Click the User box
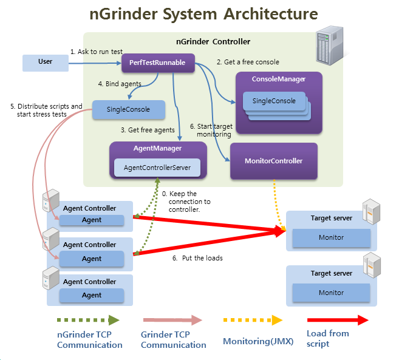click(x=46, y=63)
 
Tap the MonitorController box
click(x=273, y=161)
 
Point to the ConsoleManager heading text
click(x=279, y=80)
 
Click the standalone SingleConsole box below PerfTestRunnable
click(x=129, y=110)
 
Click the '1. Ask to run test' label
click(x=97, y=52)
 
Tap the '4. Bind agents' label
click(x=120, y=84)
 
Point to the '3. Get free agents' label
click(x=148, y=131)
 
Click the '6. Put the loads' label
click(x=197, y=258)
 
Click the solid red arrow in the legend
click(x=338, y=320)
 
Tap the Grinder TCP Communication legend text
click(x=173, y=339)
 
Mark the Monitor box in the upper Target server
click(x=331, y=237)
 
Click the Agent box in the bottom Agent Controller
click(x=92, y=296)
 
